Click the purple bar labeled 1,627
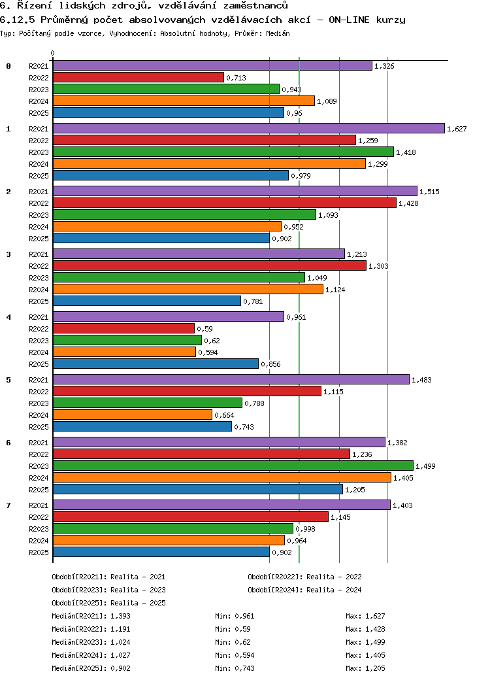click(249, 128)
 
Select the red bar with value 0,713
click(139, 78)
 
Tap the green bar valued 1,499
click(233, 466)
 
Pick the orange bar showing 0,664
click(133, 415)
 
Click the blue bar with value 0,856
click(155, 364)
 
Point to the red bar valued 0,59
click(123, 329)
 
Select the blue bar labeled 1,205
click(197, 489)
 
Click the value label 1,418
click(406, 152)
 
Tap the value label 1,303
click(378, 266)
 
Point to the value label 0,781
click(253, 301)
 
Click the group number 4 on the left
click(8, 317)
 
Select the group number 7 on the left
click(8, 505)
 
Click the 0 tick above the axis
click(52, 54)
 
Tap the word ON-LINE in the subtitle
click(349, 20)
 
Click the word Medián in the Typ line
click(278, 33)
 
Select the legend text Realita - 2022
click(334, 577)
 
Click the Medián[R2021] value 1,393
click(120, 616)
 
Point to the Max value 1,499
click(375, 642)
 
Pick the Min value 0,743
click(245, 668)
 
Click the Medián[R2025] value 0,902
click(120, 668)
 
